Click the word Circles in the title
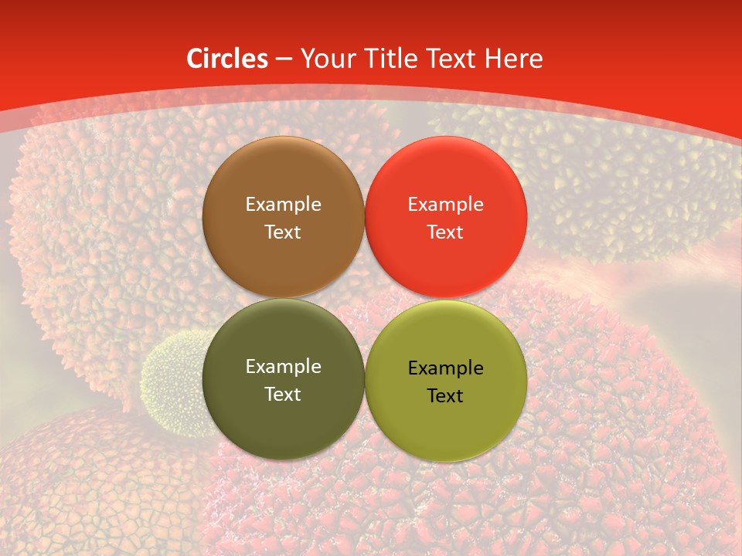[227, 59]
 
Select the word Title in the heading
[397, 59]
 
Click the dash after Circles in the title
[284, 59]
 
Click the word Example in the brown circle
[283, 205]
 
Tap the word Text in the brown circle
[283, 232]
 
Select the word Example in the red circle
[445, 205]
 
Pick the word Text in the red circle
[445, 232]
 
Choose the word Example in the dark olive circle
[283, 367]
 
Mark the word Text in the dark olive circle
[283, 394]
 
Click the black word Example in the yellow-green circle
[445, 368]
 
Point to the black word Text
[445, 395]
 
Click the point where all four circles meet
[364, 298]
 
